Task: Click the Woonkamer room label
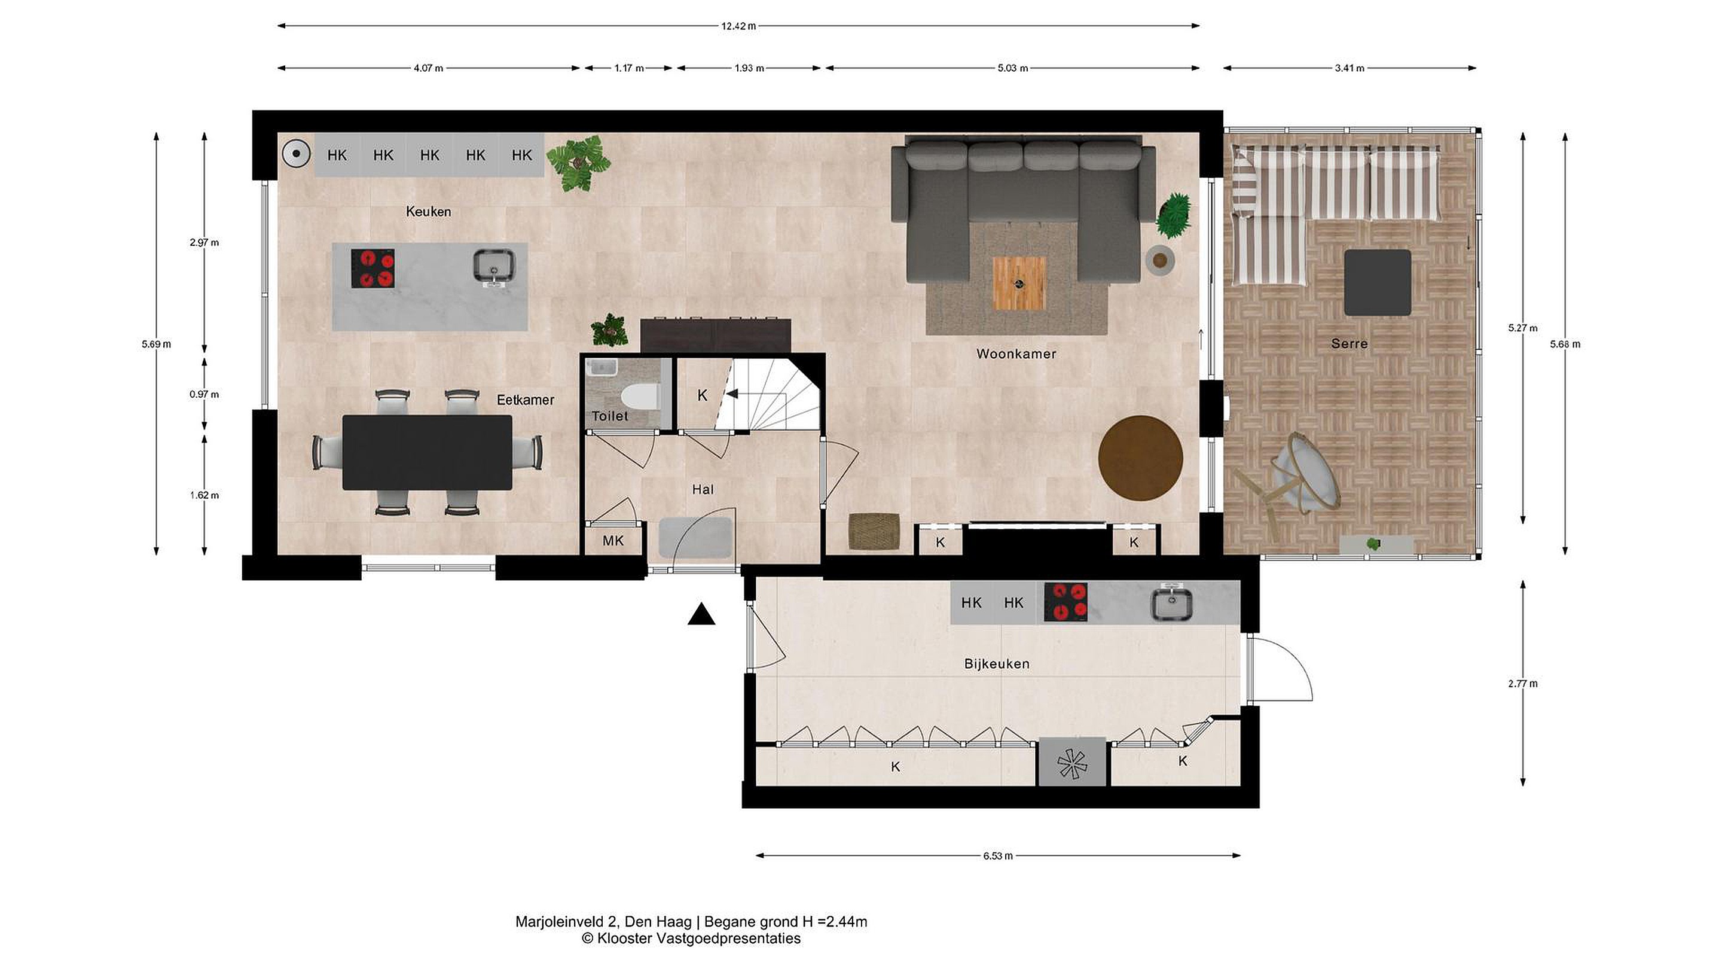pos(1016,354)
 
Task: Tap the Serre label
pos(1349,344)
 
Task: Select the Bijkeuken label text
pos(997,664)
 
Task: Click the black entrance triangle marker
pos(701,614)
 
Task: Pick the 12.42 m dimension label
pos(738,26)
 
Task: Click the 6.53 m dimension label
pos(998,856)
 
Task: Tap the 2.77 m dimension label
pos(1523,684)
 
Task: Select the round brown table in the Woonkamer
pos(1140,458)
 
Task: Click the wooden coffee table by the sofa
pos(1019,284)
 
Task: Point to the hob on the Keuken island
pos(373,268)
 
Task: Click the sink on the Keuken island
pos(494,266)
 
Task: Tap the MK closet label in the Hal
pos(613,540)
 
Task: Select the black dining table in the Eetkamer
pos(427,453)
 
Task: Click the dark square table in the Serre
pos(1378,283)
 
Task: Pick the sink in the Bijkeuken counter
pos(1171,603)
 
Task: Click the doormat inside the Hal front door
pos(696,537)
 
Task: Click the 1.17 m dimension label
pos(629,68)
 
